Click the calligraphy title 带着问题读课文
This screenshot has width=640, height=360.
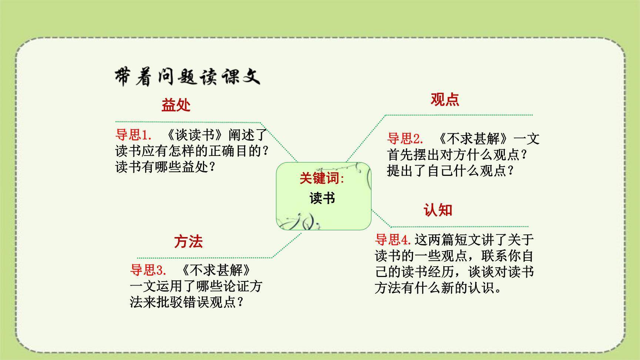187,77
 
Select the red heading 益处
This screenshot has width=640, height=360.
176,106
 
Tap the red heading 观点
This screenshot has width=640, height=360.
445,99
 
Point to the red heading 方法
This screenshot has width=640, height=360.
189,242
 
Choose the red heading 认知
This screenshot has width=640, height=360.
438,210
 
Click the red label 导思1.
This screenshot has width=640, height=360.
134,135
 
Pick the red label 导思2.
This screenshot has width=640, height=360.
405,139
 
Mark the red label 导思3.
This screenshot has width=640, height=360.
148,270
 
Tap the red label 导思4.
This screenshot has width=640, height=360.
393,240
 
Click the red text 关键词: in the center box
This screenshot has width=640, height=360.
322,179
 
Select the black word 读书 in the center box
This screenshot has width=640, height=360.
322,198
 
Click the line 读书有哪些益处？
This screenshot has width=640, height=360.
166,167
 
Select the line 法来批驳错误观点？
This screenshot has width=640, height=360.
187,302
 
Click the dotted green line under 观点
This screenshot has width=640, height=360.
459,115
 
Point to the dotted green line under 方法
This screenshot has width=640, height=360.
204,258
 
